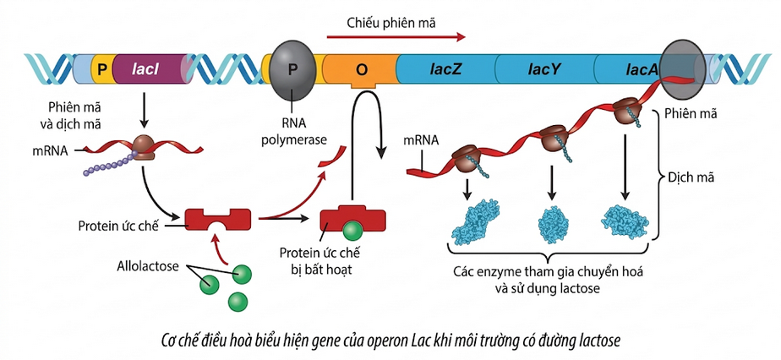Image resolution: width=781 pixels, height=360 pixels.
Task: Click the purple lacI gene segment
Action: coord(152,69)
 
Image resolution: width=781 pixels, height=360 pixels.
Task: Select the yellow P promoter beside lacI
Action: coord(101,69)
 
